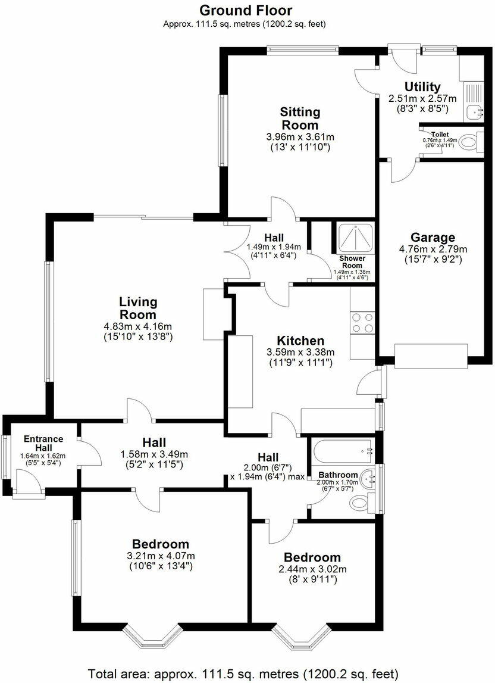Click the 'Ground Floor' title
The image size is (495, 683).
(245, 10)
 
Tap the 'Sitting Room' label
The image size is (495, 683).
(300, 118)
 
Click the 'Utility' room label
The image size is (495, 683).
(422, 87)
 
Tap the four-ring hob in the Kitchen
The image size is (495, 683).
(362, 322)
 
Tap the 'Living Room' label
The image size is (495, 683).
(137, 308)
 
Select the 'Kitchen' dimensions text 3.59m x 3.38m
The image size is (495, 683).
(300, 352)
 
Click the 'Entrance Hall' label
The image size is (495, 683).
(43, 443)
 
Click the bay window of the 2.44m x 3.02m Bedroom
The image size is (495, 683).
(300, 637)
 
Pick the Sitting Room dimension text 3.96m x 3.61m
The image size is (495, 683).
(300, 136)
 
